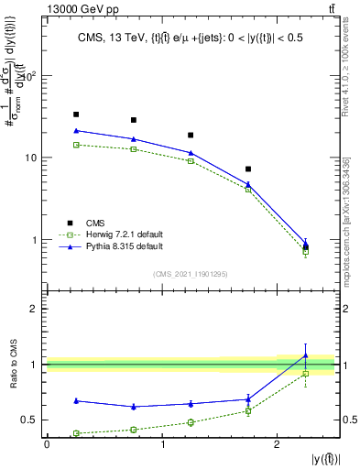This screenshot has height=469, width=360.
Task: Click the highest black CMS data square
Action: (76, 115)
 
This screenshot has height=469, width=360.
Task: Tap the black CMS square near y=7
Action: (248, 169)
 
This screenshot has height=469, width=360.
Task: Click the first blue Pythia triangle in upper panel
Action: (76, 131)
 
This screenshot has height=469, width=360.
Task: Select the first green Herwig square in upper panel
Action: (76, 145)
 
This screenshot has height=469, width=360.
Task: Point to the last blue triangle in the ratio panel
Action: (306, 355)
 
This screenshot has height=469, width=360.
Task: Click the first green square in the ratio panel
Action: (76, 433)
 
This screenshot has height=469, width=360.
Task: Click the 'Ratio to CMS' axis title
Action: (12, 363)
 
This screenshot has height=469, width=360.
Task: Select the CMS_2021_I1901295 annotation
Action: (191, 274)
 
